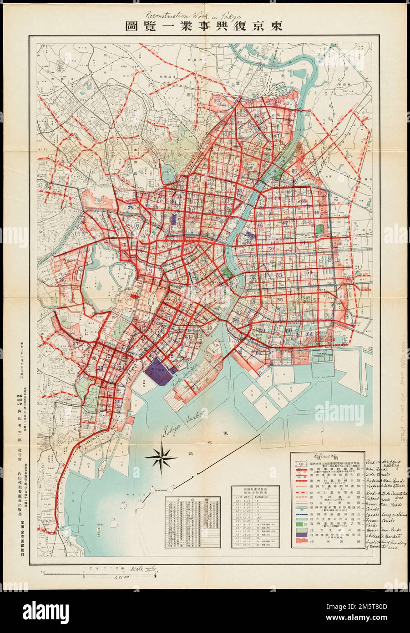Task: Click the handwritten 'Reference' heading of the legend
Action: tap(325, 457)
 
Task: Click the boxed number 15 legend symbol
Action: tap(299, 464)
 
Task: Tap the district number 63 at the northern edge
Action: tap(218, 100)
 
